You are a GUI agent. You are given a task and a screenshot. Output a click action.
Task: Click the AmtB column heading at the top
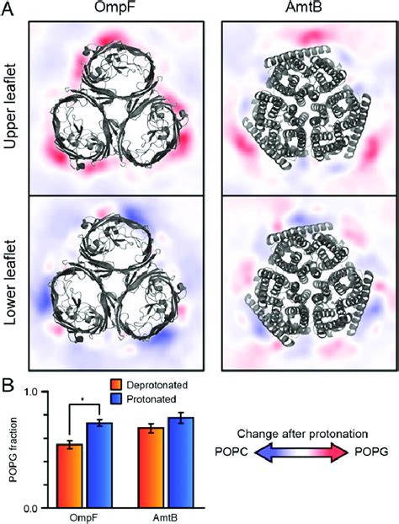coord(303,8)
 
